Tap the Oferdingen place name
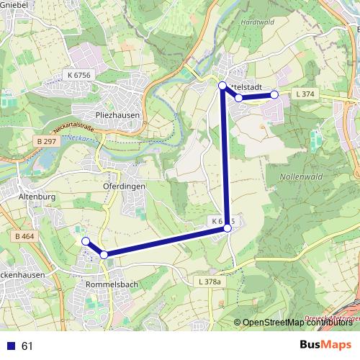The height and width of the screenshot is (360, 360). [x=124, y=185]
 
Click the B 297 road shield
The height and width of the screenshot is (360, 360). [x=45, y=141]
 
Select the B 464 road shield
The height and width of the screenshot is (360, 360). [x=23, y=235]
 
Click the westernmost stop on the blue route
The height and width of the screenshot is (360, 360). [x=85, y=241]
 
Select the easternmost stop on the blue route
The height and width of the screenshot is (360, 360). [x=274, y=94]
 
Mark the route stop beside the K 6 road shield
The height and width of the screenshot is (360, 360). [x=228, y=228]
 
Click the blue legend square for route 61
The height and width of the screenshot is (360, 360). [x=10, y=346]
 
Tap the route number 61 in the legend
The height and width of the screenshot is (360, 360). [x=28, y=346]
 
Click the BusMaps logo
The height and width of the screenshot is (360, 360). [x=325, y=346]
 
